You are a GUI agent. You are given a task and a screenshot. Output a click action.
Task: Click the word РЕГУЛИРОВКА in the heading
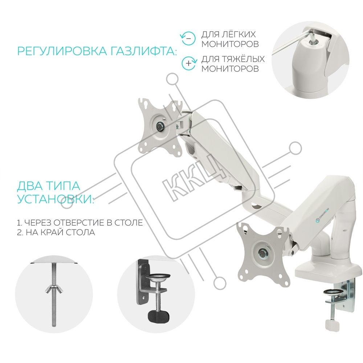[62, 51]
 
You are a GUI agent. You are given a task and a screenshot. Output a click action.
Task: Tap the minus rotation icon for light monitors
[188, 38]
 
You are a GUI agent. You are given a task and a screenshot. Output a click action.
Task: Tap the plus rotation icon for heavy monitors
[189, 63]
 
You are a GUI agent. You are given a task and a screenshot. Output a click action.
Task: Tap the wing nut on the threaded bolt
[53, 288]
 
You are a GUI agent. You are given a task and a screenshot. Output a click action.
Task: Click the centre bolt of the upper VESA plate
[159, 126]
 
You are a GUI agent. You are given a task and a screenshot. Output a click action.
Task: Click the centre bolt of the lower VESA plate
[263, 251]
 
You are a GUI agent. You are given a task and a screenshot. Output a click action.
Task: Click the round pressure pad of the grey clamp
[159, 277]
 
